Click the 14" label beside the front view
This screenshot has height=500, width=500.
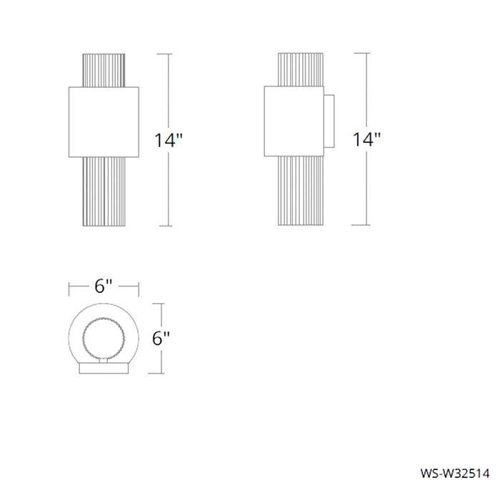pyautogui.click(x=169, y=140)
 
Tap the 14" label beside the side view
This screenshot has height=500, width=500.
pyautogui.click(x=366, y=140)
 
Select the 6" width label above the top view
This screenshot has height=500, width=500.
pyautogui.click(x=104, y=287)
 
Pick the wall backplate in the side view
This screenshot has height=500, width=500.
pyautogui.click(x=329, y=121)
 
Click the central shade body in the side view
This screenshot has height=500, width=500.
pyautogui.click(x=292, y=121)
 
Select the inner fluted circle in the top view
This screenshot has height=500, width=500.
pyautogui.click(x=104, y=340)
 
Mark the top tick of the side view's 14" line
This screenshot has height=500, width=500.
pyautogui.click(x=366, y=54)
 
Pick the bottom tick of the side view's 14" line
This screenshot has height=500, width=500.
pyautogui.click(x=366, y=226)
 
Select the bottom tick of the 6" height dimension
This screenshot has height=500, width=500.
pyautogui.click(x=163, y=374)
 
